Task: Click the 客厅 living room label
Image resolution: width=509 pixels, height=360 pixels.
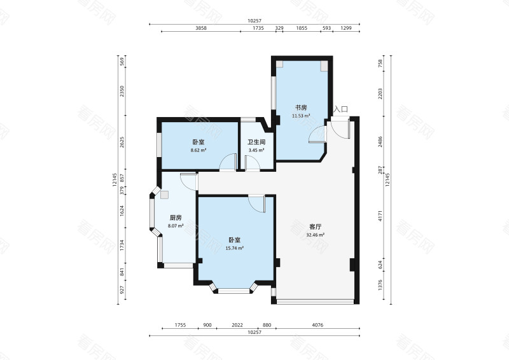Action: (316, 227)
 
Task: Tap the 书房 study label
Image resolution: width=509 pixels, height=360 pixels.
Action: (301, 107)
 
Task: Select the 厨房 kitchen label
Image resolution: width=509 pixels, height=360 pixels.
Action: (176, 218)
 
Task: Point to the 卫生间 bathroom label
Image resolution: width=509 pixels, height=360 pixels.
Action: (256, 142)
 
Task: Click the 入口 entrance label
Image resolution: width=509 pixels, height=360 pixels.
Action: (341, 109)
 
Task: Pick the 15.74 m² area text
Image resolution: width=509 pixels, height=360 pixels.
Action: (234, 248)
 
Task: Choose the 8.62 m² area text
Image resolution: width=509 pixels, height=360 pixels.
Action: (199, 150)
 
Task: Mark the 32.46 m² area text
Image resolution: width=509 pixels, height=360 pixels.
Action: (316, 235)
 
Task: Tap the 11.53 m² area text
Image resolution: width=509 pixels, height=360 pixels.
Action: (301, 116)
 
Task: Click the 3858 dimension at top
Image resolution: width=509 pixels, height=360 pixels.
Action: (201, 28)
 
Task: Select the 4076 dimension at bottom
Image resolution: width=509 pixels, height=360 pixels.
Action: (317, 325)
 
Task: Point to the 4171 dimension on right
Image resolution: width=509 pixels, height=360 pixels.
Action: (380, 216)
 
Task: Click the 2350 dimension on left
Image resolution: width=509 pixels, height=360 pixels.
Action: (122, 91)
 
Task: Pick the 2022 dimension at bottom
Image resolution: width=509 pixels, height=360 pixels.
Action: (237, 325)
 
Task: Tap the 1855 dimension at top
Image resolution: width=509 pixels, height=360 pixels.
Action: (302, 28)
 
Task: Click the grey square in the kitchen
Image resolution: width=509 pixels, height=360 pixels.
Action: (165, 195)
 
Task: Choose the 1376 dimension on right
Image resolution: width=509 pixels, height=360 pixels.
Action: (380, 285)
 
